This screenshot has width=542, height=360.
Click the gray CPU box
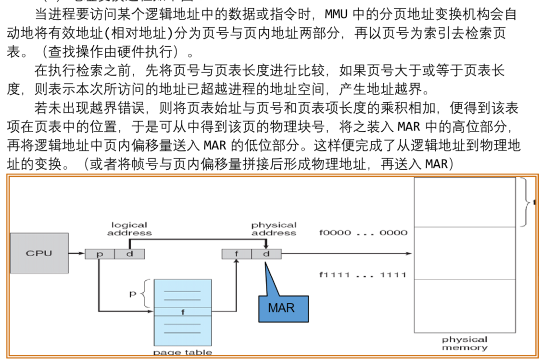pos(39,253)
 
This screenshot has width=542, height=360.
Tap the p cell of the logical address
pos(100,253)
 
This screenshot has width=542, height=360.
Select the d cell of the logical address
pos(129,253)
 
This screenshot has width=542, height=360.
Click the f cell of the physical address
pos(237,254)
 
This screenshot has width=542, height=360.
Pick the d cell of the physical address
pos(266,254)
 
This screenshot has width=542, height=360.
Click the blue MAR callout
pos(283,308)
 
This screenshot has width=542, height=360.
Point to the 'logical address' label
pos(129,229)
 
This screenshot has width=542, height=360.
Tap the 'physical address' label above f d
pos(274,229)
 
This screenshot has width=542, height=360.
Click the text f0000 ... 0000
pos(363,233)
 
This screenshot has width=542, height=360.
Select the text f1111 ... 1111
pos(363,275)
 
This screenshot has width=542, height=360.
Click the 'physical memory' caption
pos(464,343)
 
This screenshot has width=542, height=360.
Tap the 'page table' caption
pos(182,353)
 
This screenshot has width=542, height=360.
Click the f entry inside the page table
pos(183,312)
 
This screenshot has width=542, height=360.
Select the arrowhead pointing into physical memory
pos(410,254)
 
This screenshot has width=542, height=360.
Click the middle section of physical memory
pos(464,253)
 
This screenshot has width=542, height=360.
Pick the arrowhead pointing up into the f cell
pos(237,262)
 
